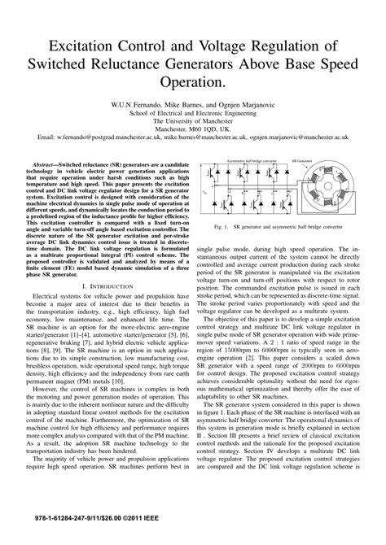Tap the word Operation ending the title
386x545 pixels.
193,83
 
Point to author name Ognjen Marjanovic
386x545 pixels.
245,104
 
